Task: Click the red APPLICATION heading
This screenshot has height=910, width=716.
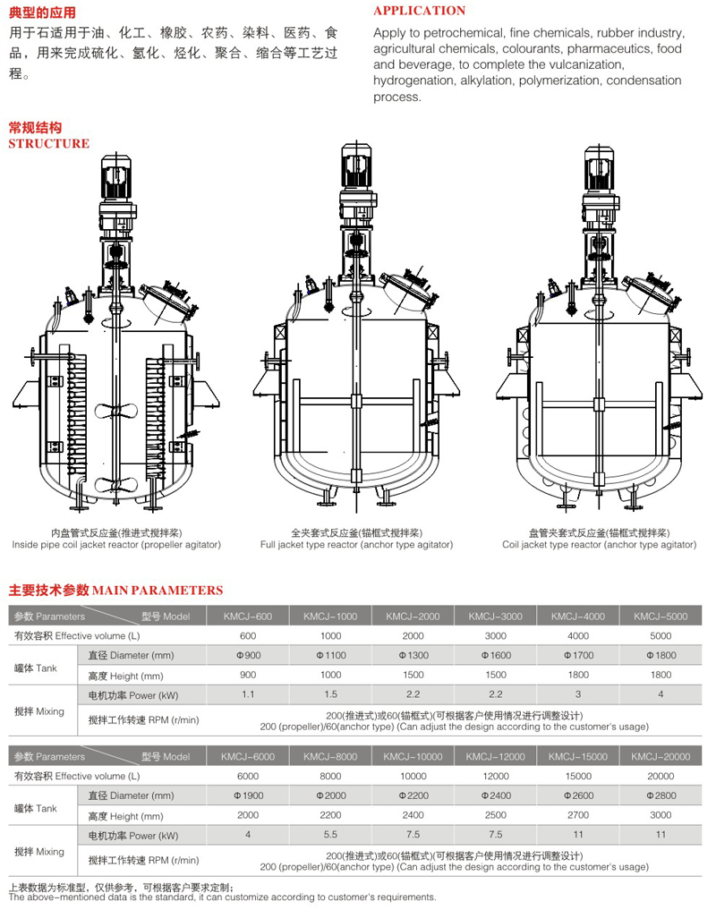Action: [x=419, y=11]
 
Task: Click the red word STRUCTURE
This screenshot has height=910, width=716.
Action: [x=49, y=143]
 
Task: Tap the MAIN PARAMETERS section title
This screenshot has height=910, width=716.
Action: [x=158, y=591]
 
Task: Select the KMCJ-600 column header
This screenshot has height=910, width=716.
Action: [x=248, y=617]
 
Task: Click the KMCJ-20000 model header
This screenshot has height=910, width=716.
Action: [x=661, y=757]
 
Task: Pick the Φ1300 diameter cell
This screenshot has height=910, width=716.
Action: [x=413, y=655]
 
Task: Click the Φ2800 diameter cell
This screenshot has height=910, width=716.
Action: [x=661, y=795]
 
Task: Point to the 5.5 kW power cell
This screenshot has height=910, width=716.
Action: [x=330, y=835]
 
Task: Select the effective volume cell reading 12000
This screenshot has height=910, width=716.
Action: [x=496, y=776]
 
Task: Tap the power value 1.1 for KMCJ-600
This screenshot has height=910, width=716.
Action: [x=248, y=694]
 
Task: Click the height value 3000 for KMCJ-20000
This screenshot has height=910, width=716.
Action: [x=661, y=815]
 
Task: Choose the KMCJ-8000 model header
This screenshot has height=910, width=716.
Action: [x=330, y=757]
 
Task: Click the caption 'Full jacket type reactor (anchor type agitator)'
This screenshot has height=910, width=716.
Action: [x=356, y=544]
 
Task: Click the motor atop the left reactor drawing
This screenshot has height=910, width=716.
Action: [x=116, y=176]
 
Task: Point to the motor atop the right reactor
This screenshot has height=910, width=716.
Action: [x=599, y=169]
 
